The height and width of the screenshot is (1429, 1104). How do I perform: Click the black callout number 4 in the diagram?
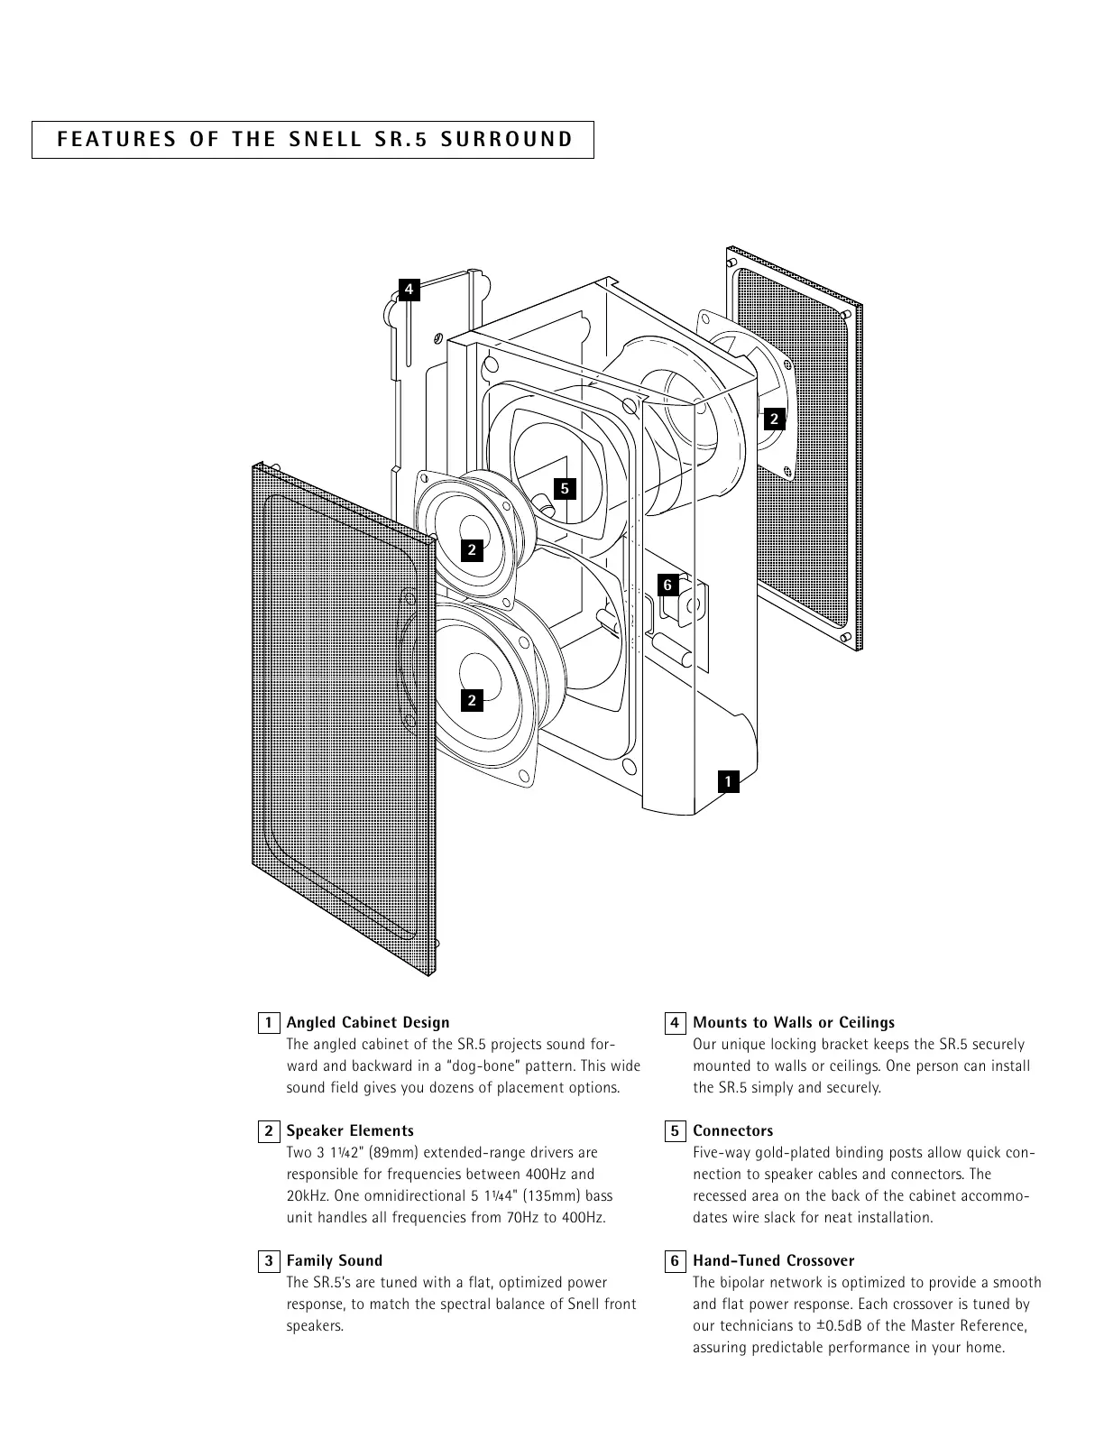[x=409, y=289]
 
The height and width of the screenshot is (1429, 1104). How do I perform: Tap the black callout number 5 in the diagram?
[x=565, y=489]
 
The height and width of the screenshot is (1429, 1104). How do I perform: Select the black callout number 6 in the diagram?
[x=667, y=585]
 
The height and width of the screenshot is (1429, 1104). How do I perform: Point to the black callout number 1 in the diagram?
[x=728, y=781]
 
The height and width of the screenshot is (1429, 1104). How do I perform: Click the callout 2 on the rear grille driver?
[x=774, y=419]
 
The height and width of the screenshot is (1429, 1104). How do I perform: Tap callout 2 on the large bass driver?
[x=472, y=700]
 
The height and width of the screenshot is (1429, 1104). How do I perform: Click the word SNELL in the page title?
[x=326, y=140]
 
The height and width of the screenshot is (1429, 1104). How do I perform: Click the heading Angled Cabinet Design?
[x=367, y=1022]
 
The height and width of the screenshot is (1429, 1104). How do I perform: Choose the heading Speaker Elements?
[x=350, y=1130]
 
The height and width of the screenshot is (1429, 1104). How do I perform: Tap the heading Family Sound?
[x=334, y=1260]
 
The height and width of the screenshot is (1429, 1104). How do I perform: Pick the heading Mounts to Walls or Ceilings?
[x=794, y=1022]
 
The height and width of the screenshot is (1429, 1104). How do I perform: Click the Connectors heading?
[x=732, y=1130]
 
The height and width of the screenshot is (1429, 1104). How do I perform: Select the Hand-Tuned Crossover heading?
[x=773, y=1260]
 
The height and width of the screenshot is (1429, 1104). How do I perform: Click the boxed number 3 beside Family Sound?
[x=268, y=1261]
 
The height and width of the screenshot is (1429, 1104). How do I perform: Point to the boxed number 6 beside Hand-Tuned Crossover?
[x=674, y=1261]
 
